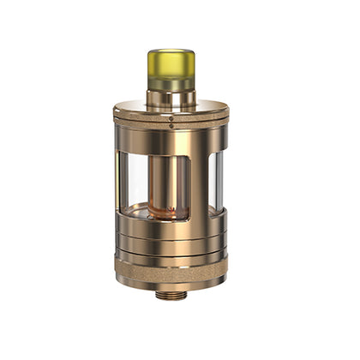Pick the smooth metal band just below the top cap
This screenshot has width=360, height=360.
(x=171, y=140)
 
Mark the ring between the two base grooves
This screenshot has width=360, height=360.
(x=171, y=242)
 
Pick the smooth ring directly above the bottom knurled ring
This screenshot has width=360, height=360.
(x=171, y=255)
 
